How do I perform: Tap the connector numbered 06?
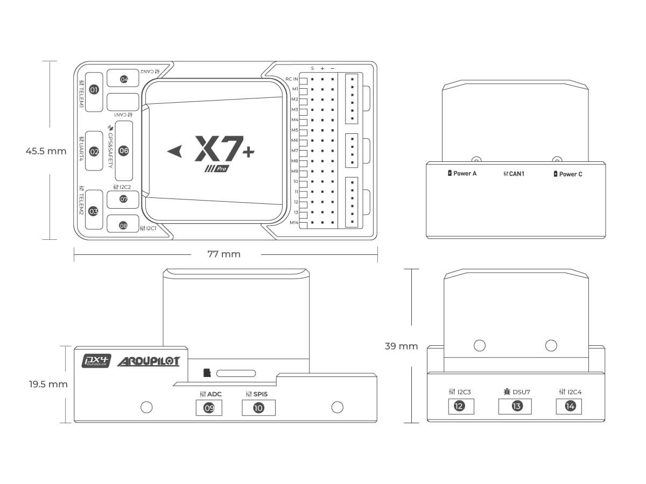click(124, 151)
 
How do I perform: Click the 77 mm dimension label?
click(224, 254)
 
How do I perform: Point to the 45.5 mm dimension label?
click(46, 151)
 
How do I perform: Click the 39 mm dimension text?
click(401, 346)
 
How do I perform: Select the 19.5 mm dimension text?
click(48, 384)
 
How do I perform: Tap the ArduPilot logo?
click(148, 361)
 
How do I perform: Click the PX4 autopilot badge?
click(96, 361)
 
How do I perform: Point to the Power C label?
click(570, 174)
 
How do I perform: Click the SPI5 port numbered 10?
click(258, 408)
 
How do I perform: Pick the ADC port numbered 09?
click(209, 408)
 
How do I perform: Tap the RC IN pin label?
click(291, 79)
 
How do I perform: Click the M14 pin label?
click(294, 223)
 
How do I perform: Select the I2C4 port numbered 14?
click(570, 406)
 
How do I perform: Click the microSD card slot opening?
click(236, 373)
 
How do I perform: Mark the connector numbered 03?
click(94, 211)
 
